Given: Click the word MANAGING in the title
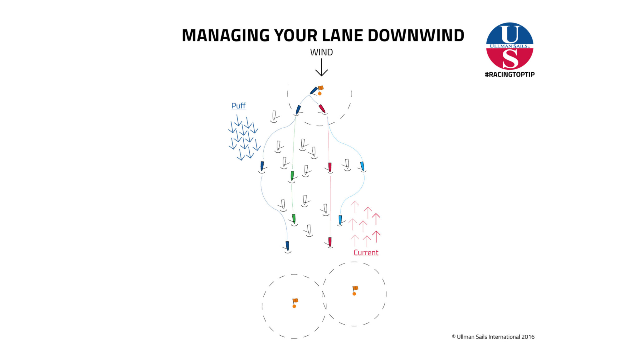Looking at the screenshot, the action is (226, 35).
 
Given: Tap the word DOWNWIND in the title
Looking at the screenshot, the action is (416, 35).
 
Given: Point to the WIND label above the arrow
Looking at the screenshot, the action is (321, 52).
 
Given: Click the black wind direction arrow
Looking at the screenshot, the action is (321, 67).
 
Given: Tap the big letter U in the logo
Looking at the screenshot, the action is (510, 34).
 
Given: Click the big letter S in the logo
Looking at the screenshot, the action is (510, 59).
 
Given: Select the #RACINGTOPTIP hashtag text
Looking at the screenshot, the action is (510, 74).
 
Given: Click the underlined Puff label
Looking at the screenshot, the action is (238, 106).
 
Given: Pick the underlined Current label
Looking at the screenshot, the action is (366, 253).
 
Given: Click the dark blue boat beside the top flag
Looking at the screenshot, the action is (314, 91).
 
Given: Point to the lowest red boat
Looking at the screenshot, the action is (330, 242).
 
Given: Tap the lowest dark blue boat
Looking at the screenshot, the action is (287, 246).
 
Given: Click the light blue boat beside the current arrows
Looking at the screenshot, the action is (340, 220).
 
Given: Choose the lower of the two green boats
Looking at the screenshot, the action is (294, 219).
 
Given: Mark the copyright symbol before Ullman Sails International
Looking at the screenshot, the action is (454, 337).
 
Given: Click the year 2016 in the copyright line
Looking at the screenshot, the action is (528, 337).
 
